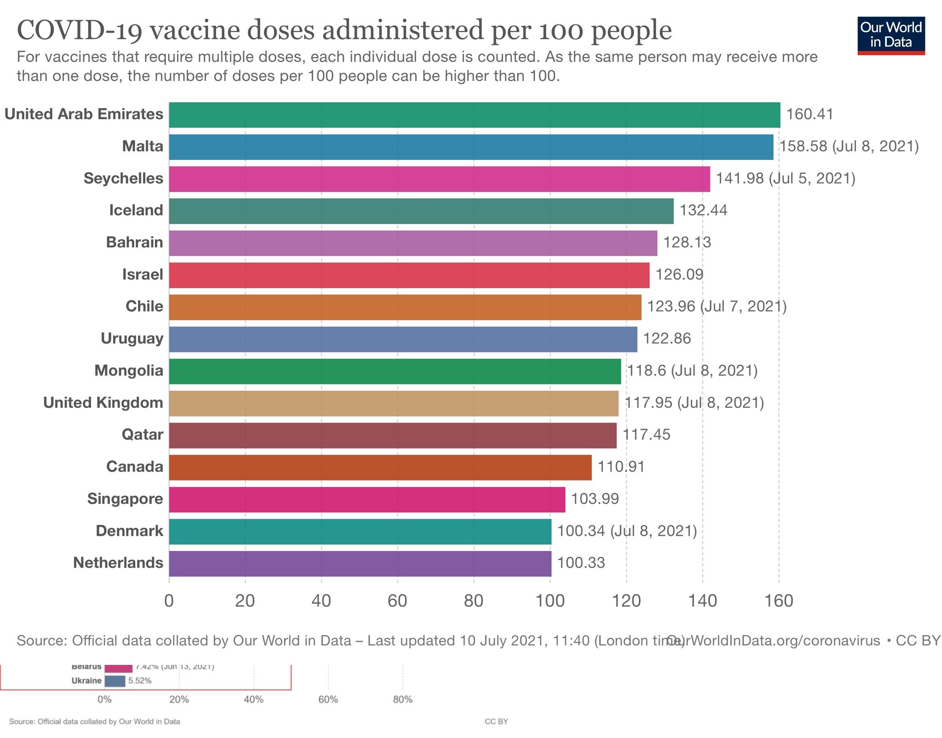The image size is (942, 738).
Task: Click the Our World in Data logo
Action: (x=891, y=35)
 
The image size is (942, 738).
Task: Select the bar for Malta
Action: (x=471, y=147)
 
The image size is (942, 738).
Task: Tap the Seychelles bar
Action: (x=439, y=179)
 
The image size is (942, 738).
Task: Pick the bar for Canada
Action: (x=380, y=468)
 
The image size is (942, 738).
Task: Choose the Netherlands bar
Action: (x=360, y=564)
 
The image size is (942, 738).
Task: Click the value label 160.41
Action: (x=810, y=114)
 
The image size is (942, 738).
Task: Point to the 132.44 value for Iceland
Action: (x=703, y=211)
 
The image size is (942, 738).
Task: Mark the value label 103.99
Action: (x=595, y=499)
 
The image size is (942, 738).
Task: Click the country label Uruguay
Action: (x=132, y=339)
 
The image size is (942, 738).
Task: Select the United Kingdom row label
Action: (x=103, y=403)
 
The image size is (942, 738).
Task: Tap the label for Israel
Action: (x=143, y=275)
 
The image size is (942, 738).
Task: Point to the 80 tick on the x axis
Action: (x=473, y=601)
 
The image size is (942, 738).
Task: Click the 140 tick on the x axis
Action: (x=702, y=601)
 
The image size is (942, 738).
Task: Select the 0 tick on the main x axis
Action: (x=169, y=601)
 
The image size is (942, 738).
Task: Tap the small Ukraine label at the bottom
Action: (x=86, y=681)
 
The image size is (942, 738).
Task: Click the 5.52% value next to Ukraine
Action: (x=140, y=681)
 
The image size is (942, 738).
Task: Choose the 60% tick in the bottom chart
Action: (x=328, y=700)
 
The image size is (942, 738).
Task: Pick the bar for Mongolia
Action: (x=395, y=372)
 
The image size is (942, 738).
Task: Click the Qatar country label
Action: (x=142, y=435)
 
